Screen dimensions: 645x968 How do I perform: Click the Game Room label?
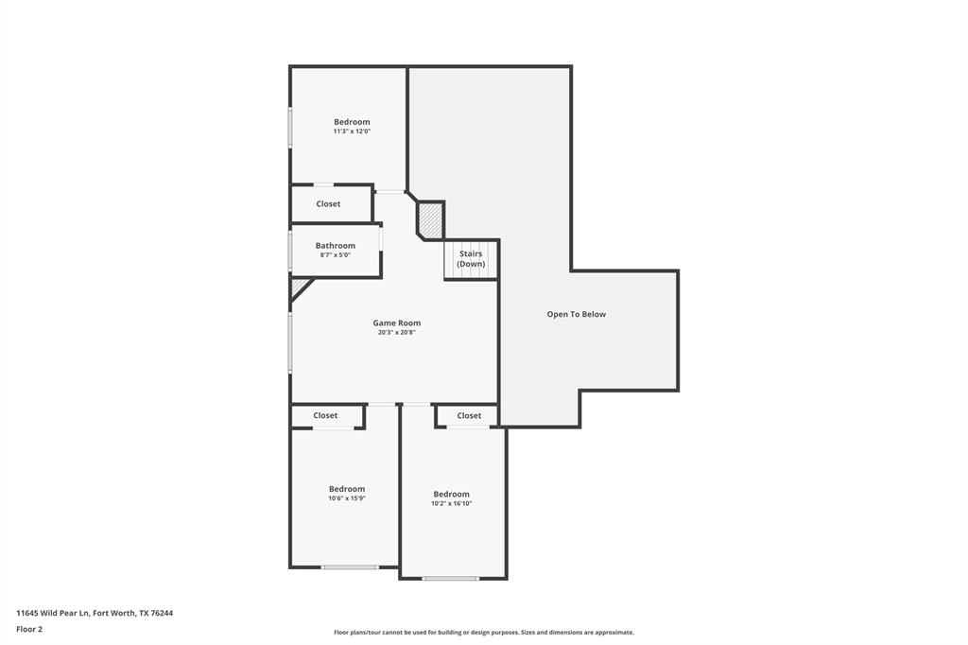click(396, 322)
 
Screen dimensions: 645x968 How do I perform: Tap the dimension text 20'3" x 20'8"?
click(396, 333)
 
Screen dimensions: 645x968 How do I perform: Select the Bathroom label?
click(336, 245)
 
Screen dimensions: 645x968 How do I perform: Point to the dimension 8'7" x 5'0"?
click(336, 255)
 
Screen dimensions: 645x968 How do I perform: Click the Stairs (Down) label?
click(471, 258)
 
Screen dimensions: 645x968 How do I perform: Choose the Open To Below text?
click(576, 314)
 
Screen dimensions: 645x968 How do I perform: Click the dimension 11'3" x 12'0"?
click(352, 131)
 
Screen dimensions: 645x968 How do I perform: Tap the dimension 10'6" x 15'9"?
click(347, 498)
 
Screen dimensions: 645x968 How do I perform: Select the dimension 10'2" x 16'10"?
click(451, 503)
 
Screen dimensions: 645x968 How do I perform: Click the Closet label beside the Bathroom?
click(328, 203)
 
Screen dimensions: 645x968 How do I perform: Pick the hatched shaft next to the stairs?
click(430, 220)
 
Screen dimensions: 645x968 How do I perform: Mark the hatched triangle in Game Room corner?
click(299, 287)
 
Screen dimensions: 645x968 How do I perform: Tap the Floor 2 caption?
click(29, 628)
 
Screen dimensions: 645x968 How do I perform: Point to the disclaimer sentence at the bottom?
click(483, 632)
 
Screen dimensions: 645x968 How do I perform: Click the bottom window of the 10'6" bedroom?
click(350, 567)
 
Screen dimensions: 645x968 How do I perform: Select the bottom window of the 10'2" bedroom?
click(451, 579)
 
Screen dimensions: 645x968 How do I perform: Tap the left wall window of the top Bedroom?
click(290, 127)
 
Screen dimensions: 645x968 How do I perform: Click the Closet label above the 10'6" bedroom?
click(325, 415)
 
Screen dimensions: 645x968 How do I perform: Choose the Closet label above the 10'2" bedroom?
click(469, 415)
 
